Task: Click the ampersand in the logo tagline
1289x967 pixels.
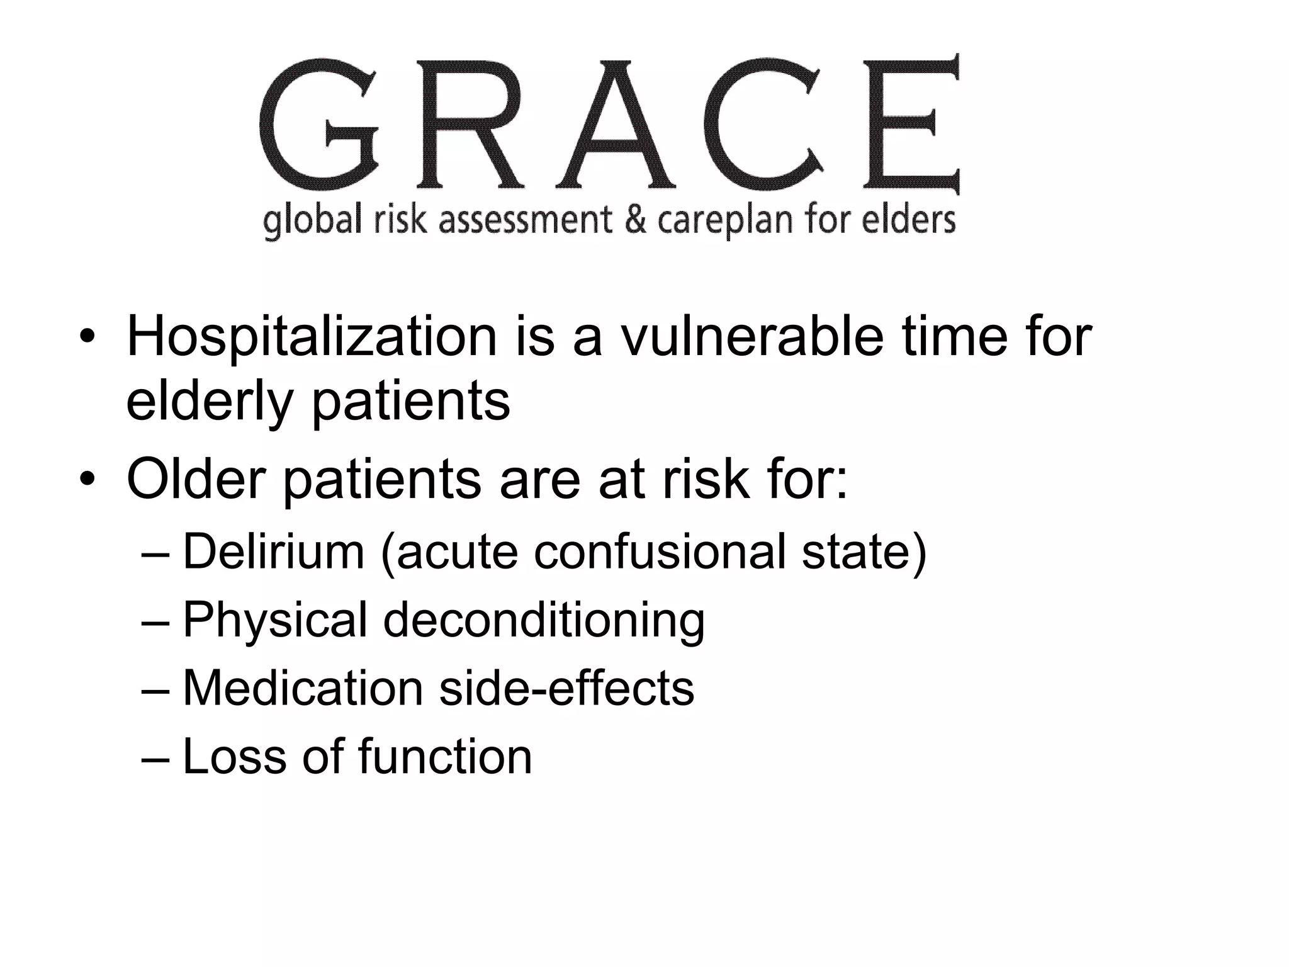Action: [x=634, y=220]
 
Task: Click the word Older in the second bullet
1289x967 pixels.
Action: [x=196, y=480]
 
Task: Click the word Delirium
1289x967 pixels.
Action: [x=274, y=551]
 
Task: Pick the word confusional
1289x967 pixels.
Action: [x=660, y=551]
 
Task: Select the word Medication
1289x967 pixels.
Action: [x=303, y=687]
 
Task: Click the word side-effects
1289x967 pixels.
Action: [x=566, y=687]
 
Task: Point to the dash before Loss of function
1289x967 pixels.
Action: [x=155, y=757]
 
